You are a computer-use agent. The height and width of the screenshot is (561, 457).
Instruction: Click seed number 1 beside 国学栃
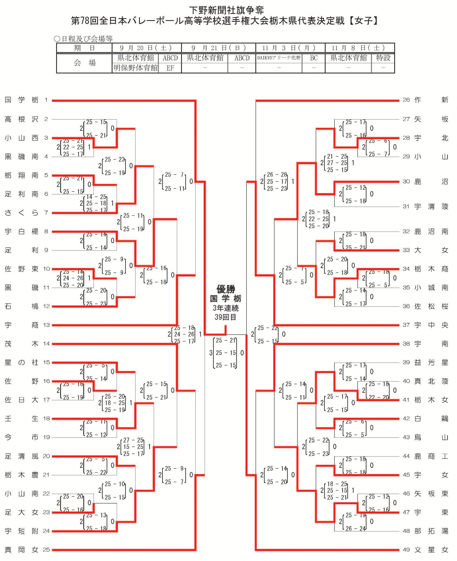(x=46, y=100)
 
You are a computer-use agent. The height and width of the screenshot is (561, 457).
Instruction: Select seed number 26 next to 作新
(x=406, y=100)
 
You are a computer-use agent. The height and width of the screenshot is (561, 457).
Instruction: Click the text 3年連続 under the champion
(x=226, y=308)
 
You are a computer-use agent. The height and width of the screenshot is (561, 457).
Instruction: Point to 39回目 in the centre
(x=226, y=317)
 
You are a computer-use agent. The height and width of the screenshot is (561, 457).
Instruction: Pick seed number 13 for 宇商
(x=46, y=325)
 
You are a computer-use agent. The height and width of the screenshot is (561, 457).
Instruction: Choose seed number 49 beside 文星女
(x=406, y=550)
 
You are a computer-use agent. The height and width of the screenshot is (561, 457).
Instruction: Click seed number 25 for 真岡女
(x=46, y=550)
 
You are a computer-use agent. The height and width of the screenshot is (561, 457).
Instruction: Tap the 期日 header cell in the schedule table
(x=84, y=48)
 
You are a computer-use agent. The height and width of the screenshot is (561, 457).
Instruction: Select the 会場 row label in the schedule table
(x=84, y=63)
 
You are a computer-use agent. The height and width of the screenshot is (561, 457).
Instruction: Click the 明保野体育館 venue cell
(x=136, y=68)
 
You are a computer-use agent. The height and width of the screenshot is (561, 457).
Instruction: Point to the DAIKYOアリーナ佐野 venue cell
(x=279, y=58)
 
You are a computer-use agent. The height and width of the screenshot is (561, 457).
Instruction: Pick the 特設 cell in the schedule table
(x=383, y=58)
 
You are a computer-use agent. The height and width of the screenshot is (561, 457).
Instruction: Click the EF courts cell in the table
(x=170, y=68)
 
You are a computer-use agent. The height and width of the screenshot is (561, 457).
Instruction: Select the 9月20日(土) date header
(x=147, y=48)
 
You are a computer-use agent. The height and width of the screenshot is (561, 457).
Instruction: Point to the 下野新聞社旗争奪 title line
(x=226, y=10)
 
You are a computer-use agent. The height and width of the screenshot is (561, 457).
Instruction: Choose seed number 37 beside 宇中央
(x=406, y=325)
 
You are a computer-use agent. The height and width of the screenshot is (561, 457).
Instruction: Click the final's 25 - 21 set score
(x=226, y=341)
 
